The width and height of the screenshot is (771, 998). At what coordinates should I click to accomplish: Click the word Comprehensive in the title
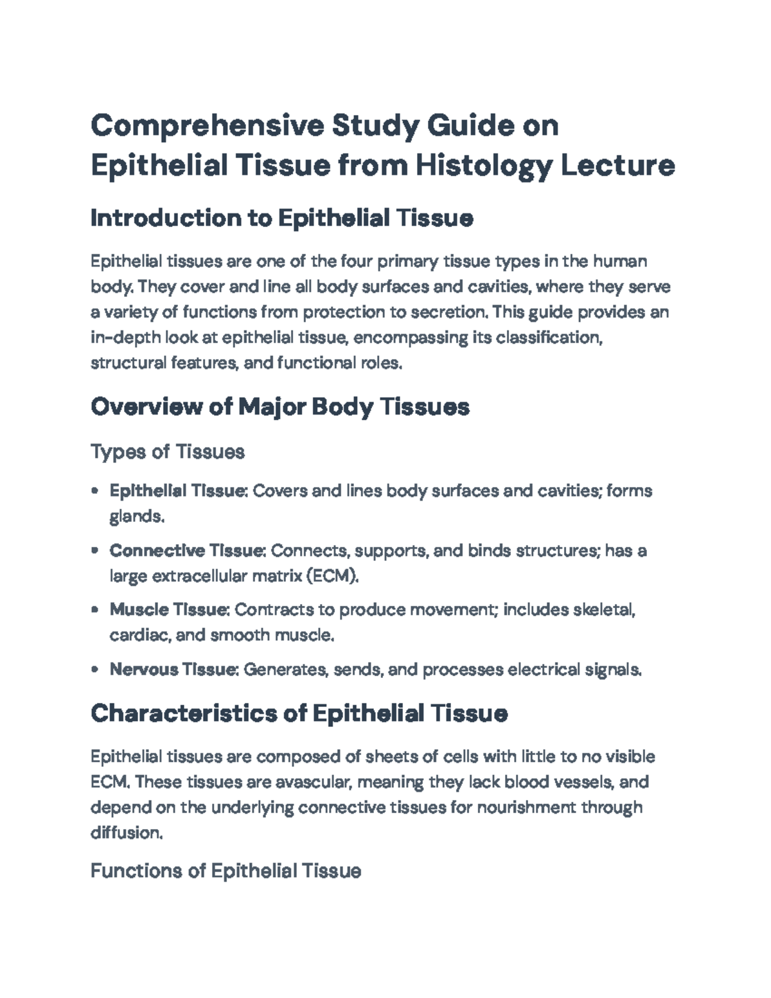[x=207, y=126]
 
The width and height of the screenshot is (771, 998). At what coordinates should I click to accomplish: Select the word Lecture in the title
[x=618, y=166]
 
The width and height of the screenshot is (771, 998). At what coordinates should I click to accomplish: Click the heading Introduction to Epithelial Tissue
[x=281, y=218]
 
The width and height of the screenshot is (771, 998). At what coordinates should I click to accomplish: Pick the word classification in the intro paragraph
[x=552, y=337]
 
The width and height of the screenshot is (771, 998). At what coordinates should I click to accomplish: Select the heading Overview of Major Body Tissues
[x=279, y=407]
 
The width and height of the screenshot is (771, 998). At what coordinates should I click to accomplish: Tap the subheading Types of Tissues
[x=168, y=452]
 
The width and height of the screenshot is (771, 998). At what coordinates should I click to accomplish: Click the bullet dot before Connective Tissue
[x=95, y=551]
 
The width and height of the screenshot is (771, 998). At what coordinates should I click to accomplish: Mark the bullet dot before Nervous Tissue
[x=95, y=670]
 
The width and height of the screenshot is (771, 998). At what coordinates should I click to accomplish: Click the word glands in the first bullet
[x=136, y=517]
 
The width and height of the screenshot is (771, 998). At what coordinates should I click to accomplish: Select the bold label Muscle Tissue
[x=169, y=609]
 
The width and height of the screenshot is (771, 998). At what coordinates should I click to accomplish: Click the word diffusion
[x=126, y=833]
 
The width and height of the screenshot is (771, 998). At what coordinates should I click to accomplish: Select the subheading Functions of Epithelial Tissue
[x=226, y=871]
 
